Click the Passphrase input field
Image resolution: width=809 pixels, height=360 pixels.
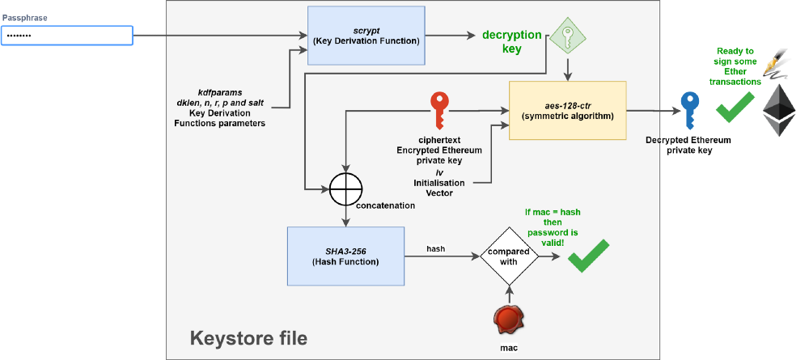tap(66, 36)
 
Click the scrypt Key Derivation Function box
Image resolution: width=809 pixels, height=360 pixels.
tap(366, 36)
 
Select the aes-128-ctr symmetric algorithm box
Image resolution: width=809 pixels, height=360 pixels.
tap(568, 110)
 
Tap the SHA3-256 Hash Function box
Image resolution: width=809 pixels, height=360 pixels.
tap(345, 256)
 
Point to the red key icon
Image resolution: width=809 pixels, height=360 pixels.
tap(439, 109)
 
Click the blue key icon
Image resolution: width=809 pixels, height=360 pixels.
tap(689, 109)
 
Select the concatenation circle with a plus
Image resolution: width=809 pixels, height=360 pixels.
tap(345, 188)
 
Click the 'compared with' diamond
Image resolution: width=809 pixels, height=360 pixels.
tap(510, 256)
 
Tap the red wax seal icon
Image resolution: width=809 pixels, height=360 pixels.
tap(510, 319)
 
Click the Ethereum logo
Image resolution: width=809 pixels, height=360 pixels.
tap(780, 109)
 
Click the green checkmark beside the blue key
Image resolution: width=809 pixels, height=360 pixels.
tap(735, 108)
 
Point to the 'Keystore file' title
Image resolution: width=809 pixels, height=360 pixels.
tap(248, 338)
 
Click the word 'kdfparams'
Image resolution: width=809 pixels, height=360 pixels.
tap(219, 93)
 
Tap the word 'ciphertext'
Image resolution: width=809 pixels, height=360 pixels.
tap(439, 139)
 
